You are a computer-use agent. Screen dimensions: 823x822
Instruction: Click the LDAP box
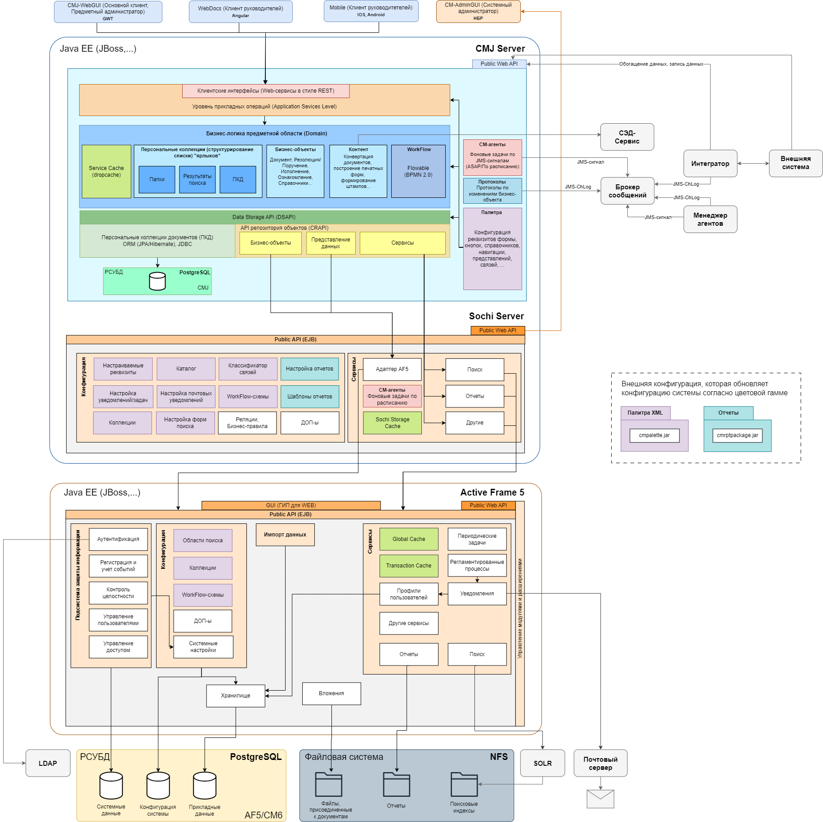point(48,763)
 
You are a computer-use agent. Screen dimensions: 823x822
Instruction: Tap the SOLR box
point(542,763)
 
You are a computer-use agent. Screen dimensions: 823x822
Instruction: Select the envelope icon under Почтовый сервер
point(600,799)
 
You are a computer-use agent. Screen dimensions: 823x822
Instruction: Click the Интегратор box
point(710,163)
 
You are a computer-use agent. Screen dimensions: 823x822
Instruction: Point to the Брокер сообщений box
point(627,191)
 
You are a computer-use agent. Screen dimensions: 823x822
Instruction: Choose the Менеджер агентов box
point(710,219)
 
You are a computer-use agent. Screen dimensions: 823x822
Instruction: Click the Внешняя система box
point(796,163)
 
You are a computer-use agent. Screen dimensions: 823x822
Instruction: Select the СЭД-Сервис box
point(627,137)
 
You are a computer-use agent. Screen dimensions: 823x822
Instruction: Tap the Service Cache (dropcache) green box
point(107,171)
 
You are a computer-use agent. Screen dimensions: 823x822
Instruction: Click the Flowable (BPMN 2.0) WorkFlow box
point(418,171)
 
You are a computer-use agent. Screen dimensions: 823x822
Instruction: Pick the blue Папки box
point(157,179)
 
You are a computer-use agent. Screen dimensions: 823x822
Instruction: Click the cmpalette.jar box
point(654,435)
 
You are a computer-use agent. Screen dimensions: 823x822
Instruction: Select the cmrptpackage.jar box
point(738,435)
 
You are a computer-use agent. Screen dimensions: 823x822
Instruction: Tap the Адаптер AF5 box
point(392,369)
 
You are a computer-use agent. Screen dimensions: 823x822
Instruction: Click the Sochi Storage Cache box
point(392,423)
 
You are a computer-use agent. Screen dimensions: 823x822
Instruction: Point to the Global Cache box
point(409,539)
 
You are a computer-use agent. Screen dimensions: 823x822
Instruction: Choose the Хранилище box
point(236,696)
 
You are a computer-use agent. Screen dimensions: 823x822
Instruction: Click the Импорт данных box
point(285,535)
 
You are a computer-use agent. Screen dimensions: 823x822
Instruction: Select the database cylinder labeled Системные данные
point(111,785)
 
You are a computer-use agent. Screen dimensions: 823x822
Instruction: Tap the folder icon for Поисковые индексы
point(464,784)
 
